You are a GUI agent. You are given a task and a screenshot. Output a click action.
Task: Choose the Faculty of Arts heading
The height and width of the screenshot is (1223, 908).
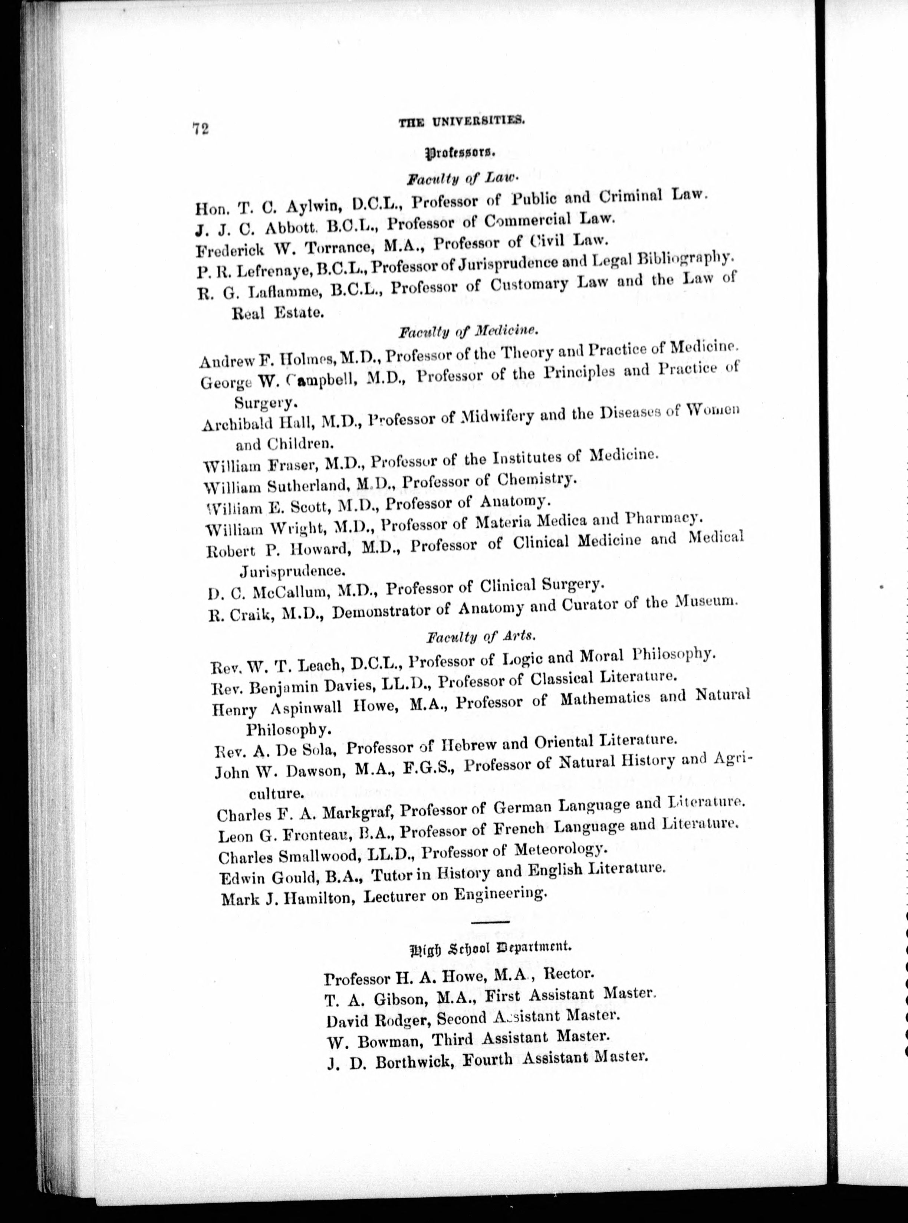pyautogui.click(x=480, y=637)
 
